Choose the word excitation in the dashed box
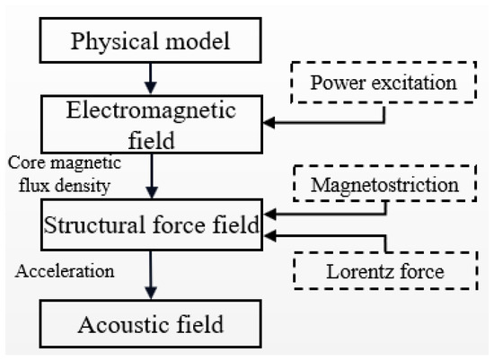point(417,83)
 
